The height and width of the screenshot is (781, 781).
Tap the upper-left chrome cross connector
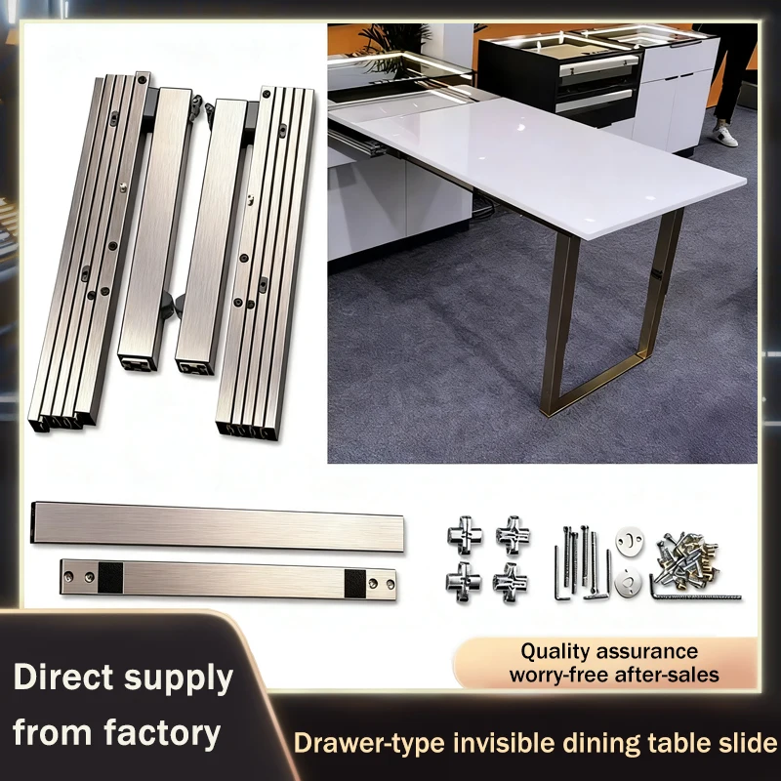tap(464, 534)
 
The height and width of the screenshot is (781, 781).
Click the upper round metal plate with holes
tap(627, 542)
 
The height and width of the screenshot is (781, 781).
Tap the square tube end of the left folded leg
tap(138, 362)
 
